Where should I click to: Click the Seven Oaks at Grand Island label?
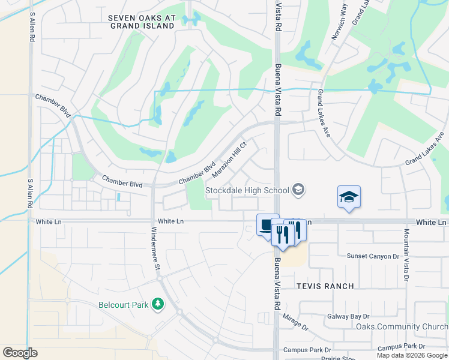(141, 22)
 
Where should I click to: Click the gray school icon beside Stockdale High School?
(298, 191)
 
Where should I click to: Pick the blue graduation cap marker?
(349, 197)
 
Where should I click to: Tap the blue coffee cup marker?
(267, 225)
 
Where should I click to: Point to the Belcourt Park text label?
(123, 305)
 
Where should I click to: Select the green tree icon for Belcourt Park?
(158, 305)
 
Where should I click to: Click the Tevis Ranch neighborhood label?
(325, 286)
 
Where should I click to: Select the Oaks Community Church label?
(401, 326)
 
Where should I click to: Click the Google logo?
(20, 352)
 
